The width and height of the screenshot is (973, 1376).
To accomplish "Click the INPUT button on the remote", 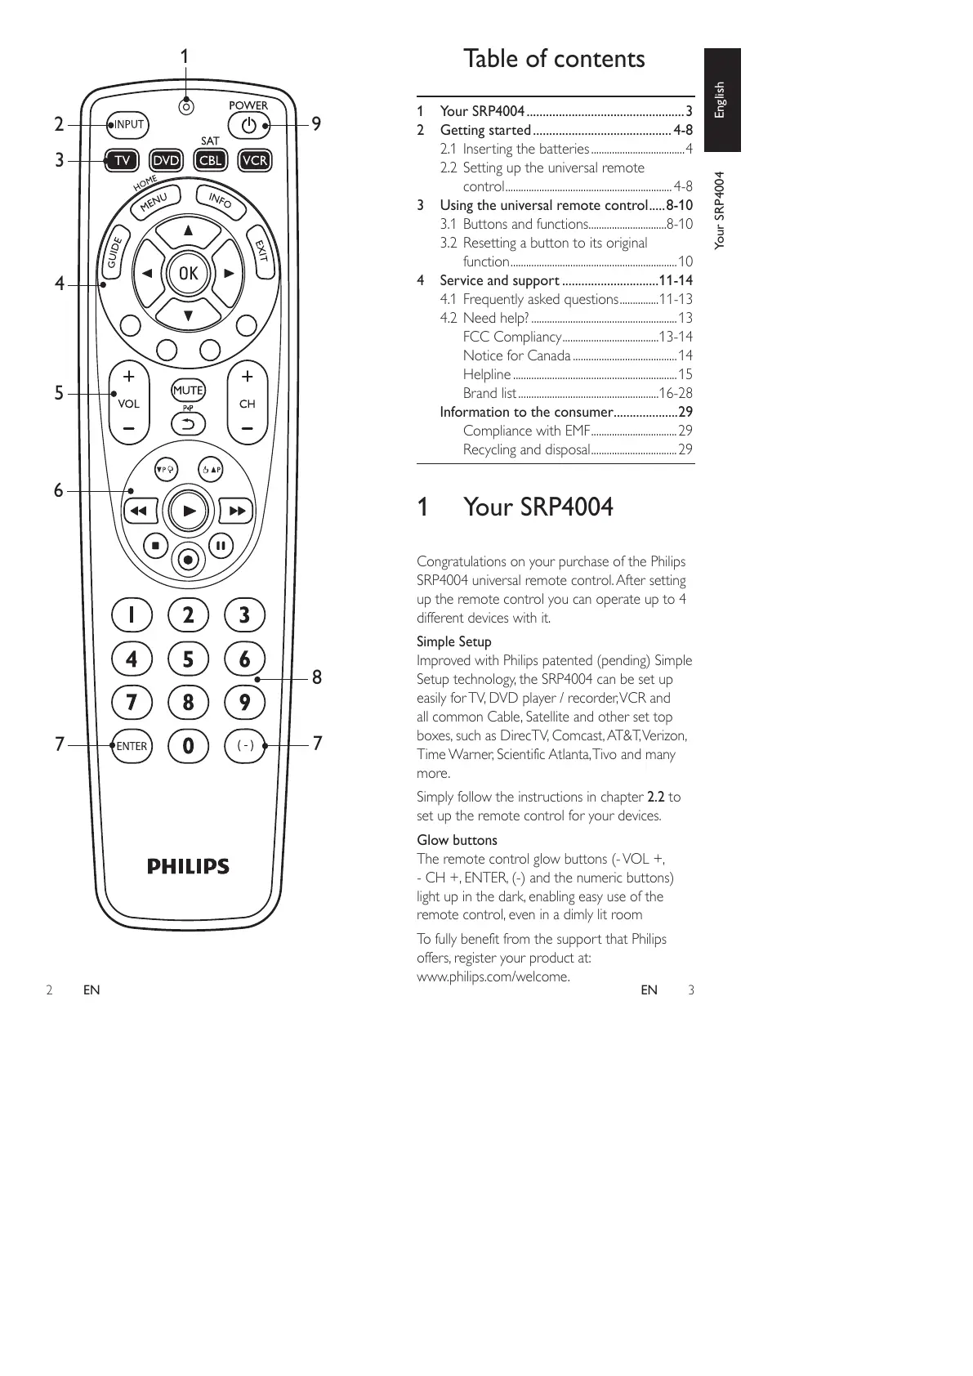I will (128, 125).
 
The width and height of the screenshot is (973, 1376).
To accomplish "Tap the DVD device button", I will (167, 160).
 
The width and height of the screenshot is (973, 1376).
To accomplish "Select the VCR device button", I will (255, 160).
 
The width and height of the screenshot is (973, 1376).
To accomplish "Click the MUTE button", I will (188, 391).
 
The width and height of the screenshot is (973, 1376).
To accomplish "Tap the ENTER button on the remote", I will (132, 746).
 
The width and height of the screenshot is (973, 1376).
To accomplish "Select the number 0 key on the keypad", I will (188, 746).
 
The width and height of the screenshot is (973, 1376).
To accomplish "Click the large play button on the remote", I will (189, 512).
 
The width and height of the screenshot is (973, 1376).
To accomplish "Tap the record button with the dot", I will (188, 560).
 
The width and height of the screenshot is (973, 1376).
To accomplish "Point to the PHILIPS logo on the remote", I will (188, 866).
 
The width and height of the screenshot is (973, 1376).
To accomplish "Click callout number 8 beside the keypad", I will (317, 677).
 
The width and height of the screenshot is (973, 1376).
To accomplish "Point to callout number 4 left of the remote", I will (59, 284).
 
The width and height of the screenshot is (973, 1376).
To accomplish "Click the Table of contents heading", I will (554, 59).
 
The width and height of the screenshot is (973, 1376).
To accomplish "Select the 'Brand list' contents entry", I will (489, 393).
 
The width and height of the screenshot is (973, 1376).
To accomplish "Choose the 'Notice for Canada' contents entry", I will (516, 355).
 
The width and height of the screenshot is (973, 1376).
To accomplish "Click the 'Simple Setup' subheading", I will (454, 641).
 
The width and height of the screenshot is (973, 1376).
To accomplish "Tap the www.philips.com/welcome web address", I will (493, 976).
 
